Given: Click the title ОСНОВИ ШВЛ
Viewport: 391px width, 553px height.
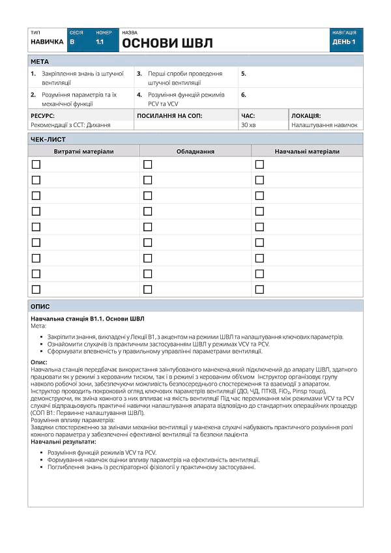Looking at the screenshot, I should point(167,44).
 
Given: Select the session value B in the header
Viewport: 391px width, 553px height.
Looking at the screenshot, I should point(72,42).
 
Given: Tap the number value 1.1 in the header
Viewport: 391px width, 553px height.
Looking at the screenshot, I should point(100,42).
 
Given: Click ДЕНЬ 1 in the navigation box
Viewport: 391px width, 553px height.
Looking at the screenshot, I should point(344,42).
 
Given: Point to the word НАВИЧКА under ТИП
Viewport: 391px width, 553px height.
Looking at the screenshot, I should point(47,42).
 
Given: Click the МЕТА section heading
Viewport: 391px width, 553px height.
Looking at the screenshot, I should point(40,61).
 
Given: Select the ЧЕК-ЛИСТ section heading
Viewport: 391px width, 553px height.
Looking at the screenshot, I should point(48,139).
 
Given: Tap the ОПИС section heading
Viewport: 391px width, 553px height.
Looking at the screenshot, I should point(40,306).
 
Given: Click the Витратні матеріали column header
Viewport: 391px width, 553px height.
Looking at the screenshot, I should point(83,151).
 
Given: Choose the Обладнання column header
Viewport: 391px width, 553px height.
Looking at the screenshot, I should point(195,151).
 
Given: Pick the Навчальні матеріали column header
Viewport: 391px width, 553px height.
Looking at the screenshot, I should point(307,151).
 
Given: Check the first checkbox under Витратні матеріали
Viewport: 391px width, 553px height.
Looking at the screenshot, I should point(36,164).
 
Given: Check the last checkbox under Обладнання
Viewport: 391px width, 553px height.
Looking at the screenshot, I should point(147,289).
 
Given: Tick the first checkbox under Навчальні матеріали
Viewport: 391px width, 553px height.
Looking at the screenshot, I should point(259,164).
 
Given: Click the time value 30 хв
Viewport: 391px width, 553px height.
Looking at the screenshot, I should point(248,124).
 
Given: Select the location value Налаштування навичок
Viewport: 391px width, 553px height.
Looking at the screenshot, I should point(325,124).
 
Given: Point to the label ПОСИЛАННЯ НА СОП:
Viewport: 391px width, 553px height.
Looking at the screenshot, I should point(169,115).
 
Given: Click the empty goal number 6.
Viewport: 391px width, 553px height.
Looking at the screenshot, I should point(244,94).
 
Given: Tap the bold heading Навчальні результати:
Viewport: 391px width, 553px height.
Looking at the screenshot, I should point(63,442).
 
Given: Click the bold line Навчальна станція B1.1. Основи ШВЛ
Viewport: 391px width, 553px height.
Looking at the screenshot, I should point(87,319).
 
